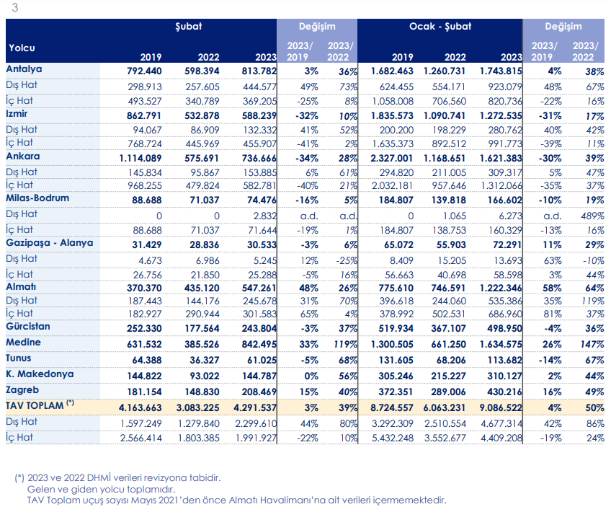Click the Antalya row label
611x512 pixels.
(24, 69)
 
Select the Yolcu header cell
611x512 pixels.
(22, 48)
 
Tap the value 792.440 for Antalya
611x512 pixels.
(144, 71)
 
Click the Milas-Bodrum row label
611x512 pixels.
(37, 198)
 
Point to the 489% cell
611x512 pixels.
(592, 216)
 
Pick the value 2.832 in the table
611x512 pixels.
(264, 216)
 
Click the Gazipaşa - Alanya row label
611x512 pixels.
(50, 243)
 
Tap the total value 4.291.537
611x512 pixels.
(255, 408)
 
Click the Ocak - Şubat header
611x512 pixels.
(440, 27)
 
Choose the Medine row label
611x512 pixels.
(23, 343)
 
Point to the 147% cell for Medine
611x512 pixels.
(592, 344)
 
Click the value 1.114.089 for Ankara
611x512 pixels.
(140, 159)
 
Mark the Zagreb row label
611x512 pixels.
(22, 390)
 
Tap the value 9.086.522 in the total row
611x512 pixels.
(501, 408)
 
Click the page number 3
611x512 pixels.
(15, 7)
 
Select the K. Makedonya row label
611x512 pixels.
(40, 374)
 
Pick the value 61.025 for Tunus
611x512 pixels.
(262, 361)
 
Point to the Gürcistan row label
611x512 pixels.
(27, 327)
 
